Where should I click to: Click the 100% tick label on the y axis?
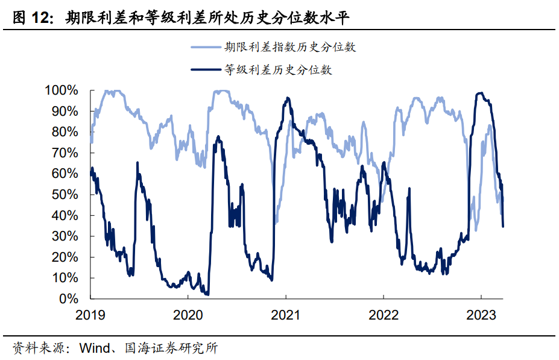(62, 90)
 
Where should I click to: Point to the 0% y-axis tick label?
(69, 299)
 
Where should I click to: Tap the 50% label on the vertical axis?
(65, 195)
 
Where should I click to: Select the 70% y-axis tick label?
(65, 153)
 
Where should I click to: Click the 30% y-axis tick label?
(65, 236)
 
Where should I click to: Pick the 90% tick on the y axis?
(65, 112)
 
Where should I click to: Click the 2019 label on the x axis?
(90, 314)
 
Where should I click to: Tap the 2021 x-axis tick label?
(285, 314)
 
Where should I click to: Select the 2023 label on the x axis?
(481, 314)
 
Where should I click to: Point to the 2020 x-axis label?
(188, 314)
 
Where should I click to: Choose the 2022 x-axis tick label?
(383, 314)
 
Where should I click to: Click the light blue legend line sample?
(205, 46)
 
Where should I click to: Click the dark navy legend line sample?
(205, 70)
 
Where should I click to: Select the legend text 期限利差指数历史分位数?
(291, 46)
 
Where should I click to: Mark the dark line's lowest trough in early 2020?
(207, 294)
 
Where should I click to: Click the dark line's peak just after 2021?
(288, 98)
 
